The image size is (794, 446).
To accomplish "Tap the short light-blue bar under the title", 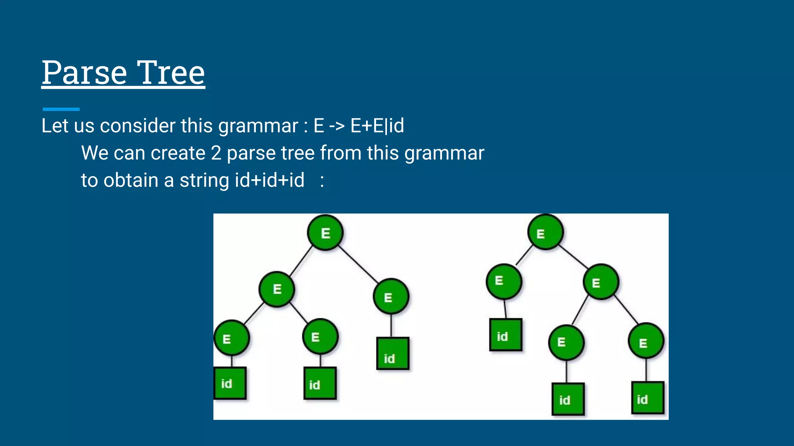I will [61, 109].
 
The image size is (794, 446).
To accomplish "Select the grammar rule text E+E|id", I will [377, 126].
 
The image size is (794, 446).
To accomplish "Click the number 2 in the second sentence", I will [216, 153].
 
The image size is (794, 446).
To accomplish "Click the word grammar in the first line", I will [258, 126].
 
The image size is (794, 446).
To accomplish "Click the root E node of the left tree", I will [325, 233].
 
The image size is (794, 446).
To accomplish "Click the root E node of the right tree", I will [545, 232].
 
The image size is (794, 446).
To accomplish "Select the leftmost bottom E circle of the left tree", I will [231, 338].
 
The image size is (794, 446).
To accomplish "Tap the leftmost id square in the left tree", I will [230, 383].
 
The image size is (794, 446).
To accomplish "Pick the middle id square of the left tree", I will [320, 383].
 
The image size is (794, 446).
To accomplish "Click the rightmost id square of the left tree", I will [392, 353].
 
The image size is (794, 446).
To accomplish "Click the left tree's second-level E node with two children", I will [277, 289].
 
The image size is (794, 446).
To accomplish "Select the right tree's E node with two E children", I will [601, 282].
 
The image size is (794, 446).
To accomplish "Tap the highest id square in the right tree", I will [505, 335].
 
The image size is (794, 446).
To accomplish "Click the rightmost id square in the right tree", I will [647, 398].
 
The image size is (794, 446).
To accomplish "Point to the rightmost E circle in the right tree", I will [646, 341].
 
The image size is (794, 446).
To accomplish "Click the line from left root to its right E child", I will [359, 264].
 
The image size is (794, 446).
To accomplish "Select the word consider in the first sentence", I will [138, 126].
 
